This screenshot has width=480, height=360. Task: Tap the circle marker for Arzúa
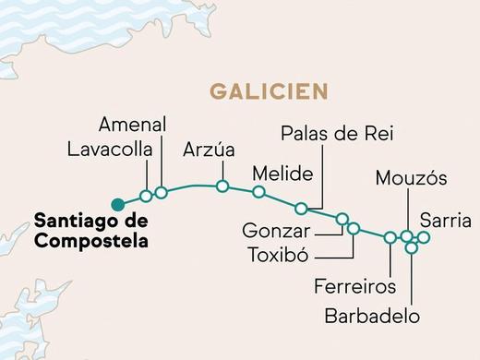(222, 186)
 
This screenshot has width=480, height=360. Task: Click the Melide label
(282, 174)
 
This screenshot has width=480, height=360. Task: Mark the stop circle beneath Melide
(258, 192)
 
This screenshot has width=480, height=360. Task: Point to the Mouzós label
(412, 178)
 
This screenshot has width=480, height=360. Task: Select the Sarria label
(445, 221)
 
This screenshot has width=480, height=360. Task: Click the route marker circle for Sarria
(424, 237)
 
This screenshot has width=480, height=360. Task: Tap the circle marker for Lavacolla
(146, 196)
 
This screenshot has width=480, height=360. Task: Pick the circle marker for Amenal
(161, 192)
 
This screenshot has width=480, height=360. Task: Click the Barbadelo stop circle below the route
(412, 247)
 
